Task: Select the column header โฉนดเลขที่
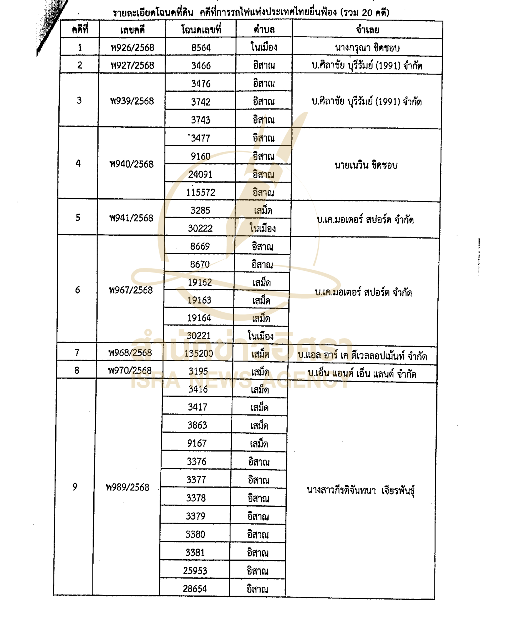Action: pyautogui.click(x=201, y=30)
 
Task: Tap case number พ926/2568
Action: pyautogui.click(x=132, y=47)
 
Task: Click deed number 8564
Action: pyautogui.click(x=201, y=47)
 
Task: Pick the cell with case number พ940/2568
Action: pyautogui.click(x=131, y=164)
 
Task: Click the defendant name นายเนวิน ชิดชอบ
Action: pyautogui.click(x=366, y=165)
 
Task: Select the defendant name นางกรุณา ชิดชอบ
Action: pyautogui.click(x=367, y=48)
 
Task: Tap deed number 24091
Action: pyautogui.click(x=200, y=174)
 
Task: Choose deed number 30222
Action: pyautogui.click(x=200, y=228)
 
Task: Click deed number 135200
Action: pyautogui.click(x=199, y=353)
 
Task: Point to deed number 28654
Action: pyautogui.click(x=195, y=588)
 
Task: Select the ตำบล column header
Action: pyautogui.click(x=264, y=30)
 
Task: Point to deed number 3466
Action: pyautogui.click(x=201, y=65)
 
